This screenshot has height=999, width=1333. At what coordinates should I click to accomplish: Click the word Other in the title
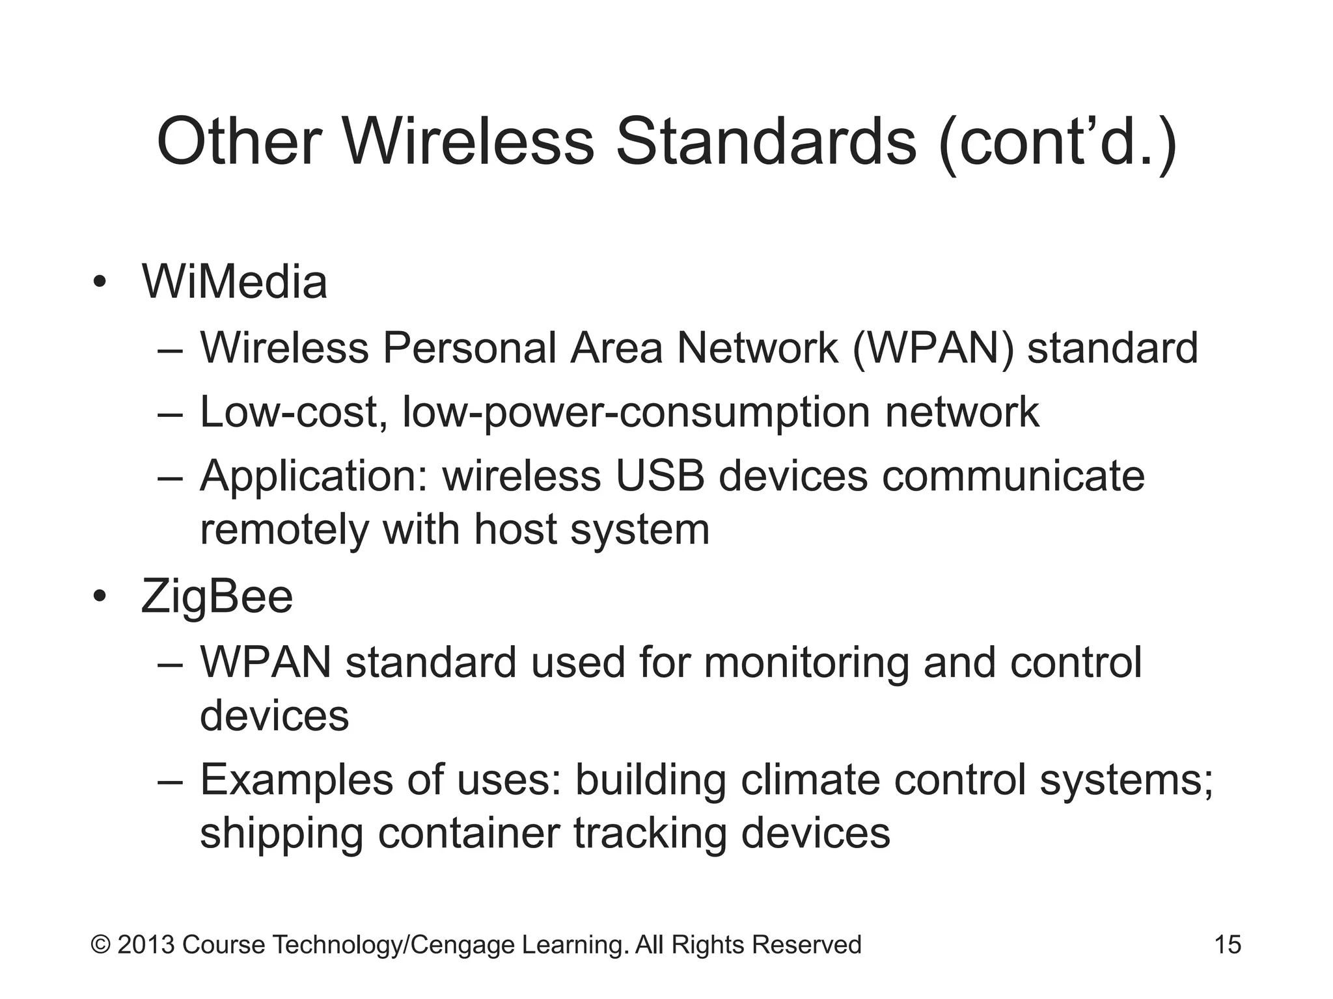tap(239, 142)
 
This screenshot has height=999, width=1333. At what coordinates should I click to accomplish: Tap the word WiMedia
tap(234, 282)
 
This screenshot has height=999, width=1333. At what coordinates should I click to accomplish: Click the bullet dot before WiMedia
tap(99, 283)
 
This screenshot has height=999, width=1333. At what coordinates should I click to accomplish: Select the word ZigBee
tap(217, 597)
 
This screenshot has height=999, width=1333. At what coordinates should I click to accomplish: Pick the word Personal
tap(469, 348)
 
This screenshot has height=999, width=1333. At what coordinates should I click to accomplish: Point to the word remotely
tap(284, 529)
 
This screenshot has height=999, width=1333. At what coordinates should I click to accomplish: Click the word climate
tap(810, 780)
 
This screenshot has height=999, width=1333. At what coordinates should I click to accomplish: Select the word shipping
tap(281, 834)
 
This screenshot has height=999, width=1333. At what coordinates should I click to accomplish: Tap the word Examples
tap(296, 780)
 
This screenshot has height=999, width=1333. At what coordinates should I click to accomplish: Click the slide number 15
tap(1228, 945)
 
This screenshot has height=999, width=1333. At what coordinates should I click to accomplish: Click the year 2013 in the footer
tap(146, 945)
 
